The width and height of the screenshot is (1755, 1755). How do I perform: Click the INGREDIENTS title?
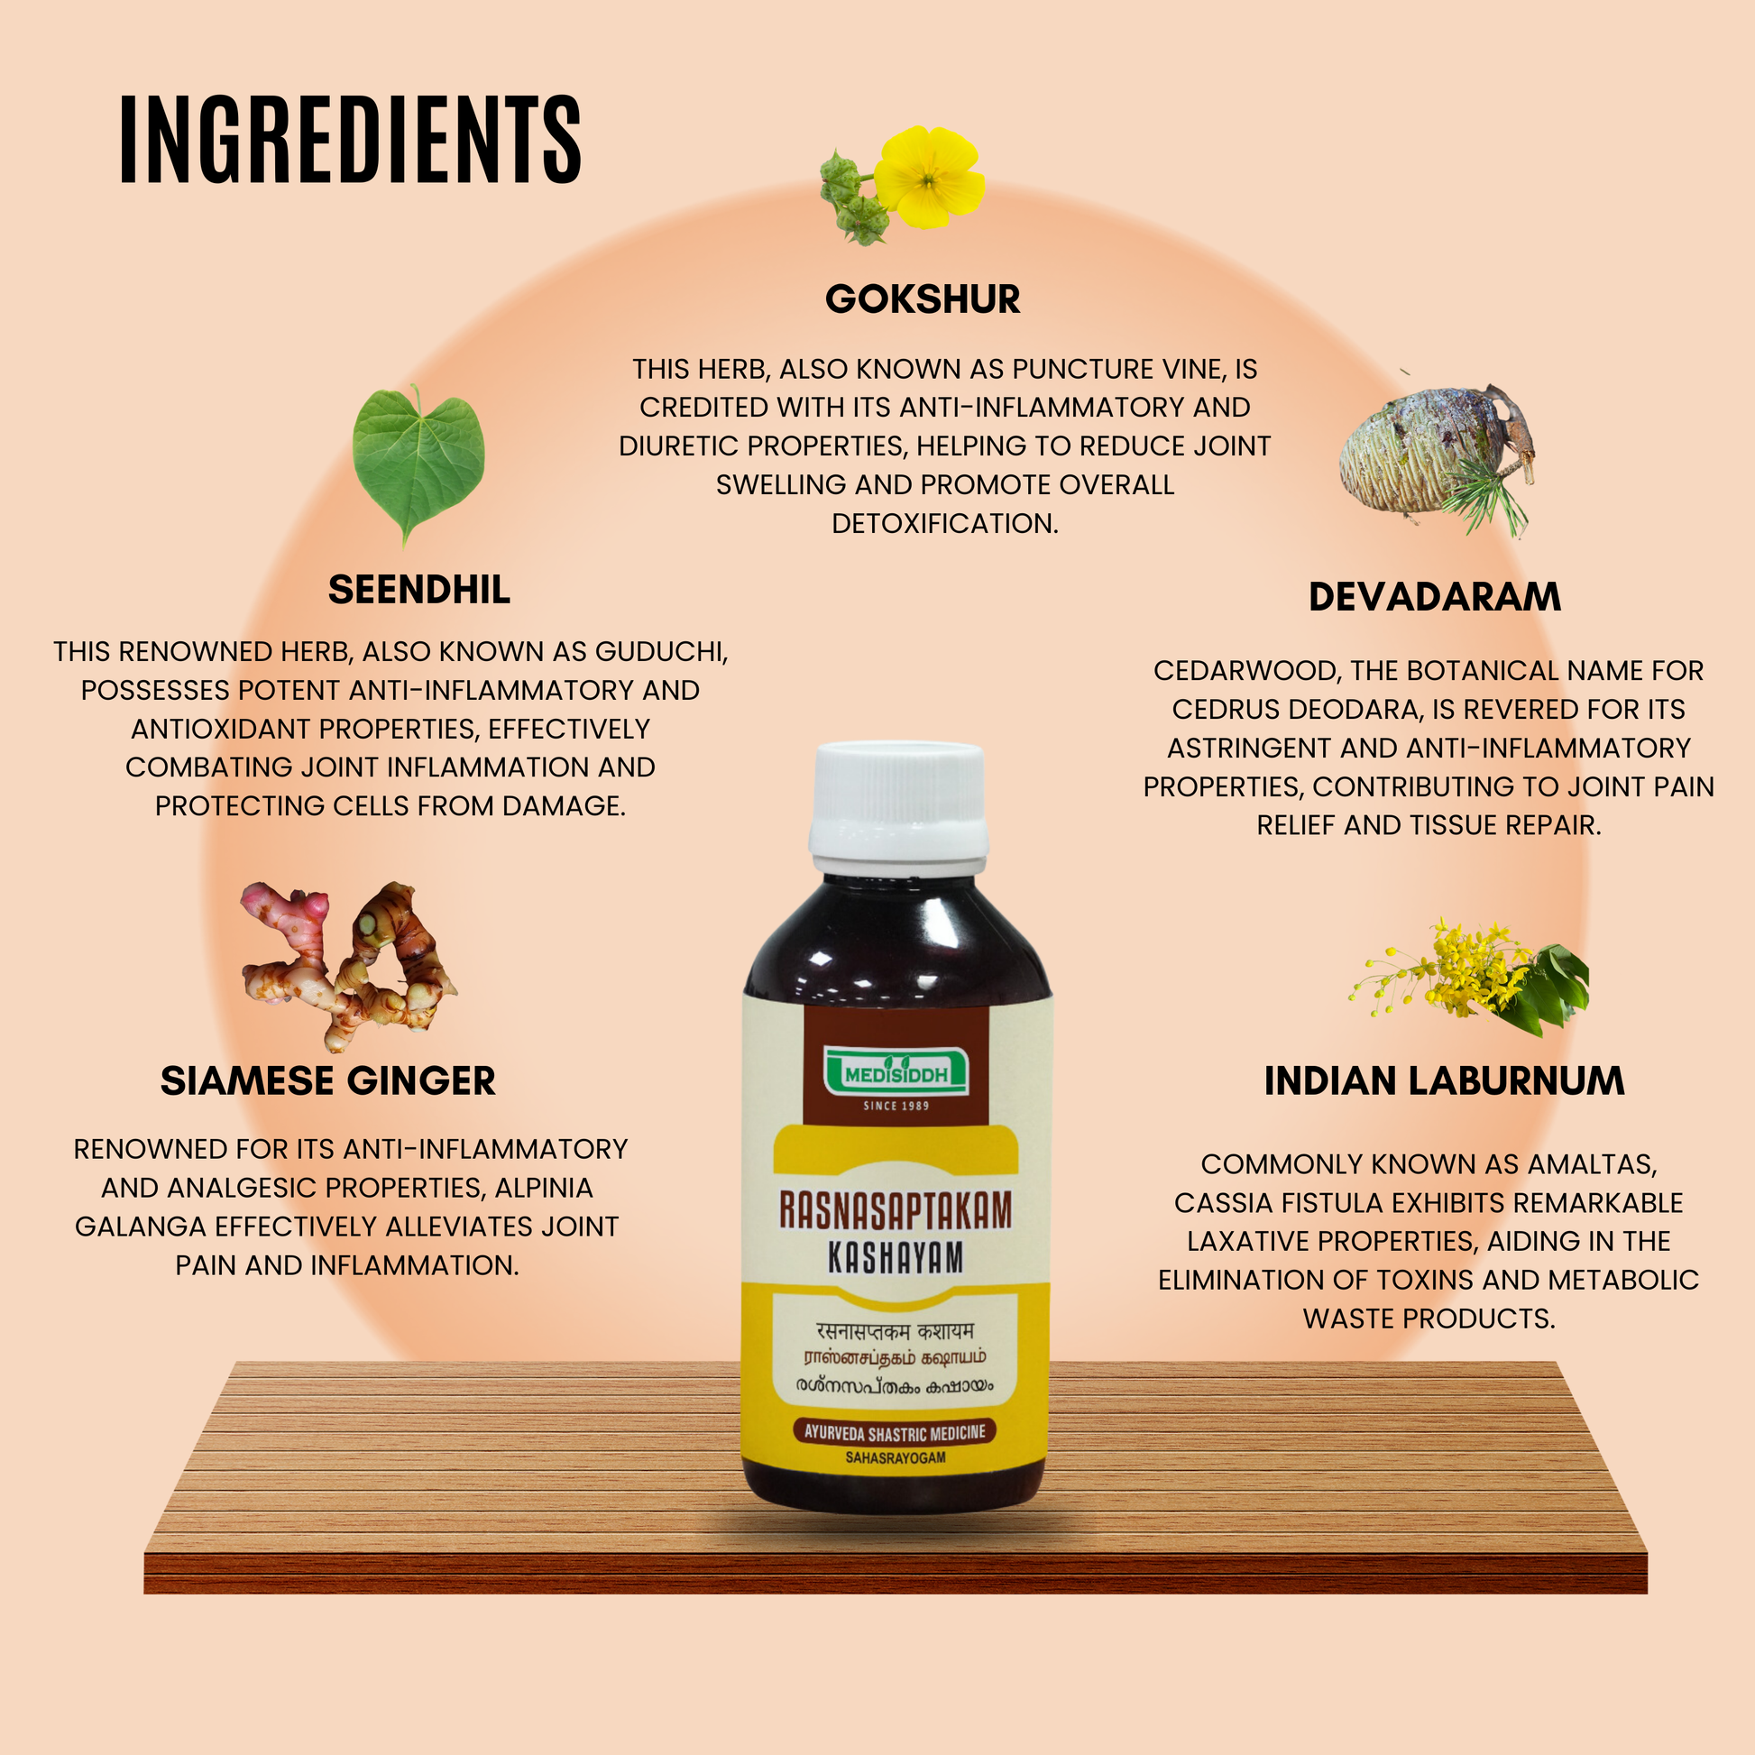[x=350, y=140]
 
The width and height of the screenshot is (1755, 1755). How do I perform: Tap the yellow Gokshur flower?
[x=928, y=177]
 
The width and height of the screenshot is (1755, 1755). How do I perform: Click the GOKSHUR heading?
[x=922, y=299]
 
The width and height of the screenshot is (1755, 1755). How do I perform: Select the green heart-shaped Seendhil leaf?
[x=418, y=462]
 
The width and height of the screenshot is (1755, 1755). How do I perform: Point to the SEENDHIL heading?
[x=418, y=590]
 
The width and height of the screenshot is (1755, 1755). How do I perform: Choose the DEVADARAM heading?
[x=1434, y=597]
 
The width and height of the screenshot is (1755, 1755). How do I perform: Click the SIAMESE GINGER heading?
[x=328, y=1081]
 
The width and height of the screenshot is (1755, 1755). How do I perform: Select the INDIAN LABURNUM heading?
[x=1445, y=1081]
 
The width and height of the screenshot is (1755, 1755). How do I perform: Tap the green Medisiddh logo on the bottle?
[x=896, y=1073]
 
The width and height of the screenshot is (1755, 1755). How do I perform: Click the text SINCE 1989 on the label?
[x=896, y=1106]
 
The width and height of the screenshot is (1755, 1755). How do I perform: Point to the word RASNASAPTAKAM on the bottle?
[x=896, y=1211]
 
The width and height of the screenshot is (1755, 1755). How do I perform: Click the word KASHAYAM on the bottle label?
[x=896, y=1258]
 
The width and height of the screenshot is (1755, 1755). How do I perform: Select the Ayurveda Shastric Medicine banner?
[x=895, y=1432]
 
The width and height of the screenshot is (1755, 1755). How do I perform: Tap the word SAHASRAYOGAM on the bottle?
[x=896, y=1457]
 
